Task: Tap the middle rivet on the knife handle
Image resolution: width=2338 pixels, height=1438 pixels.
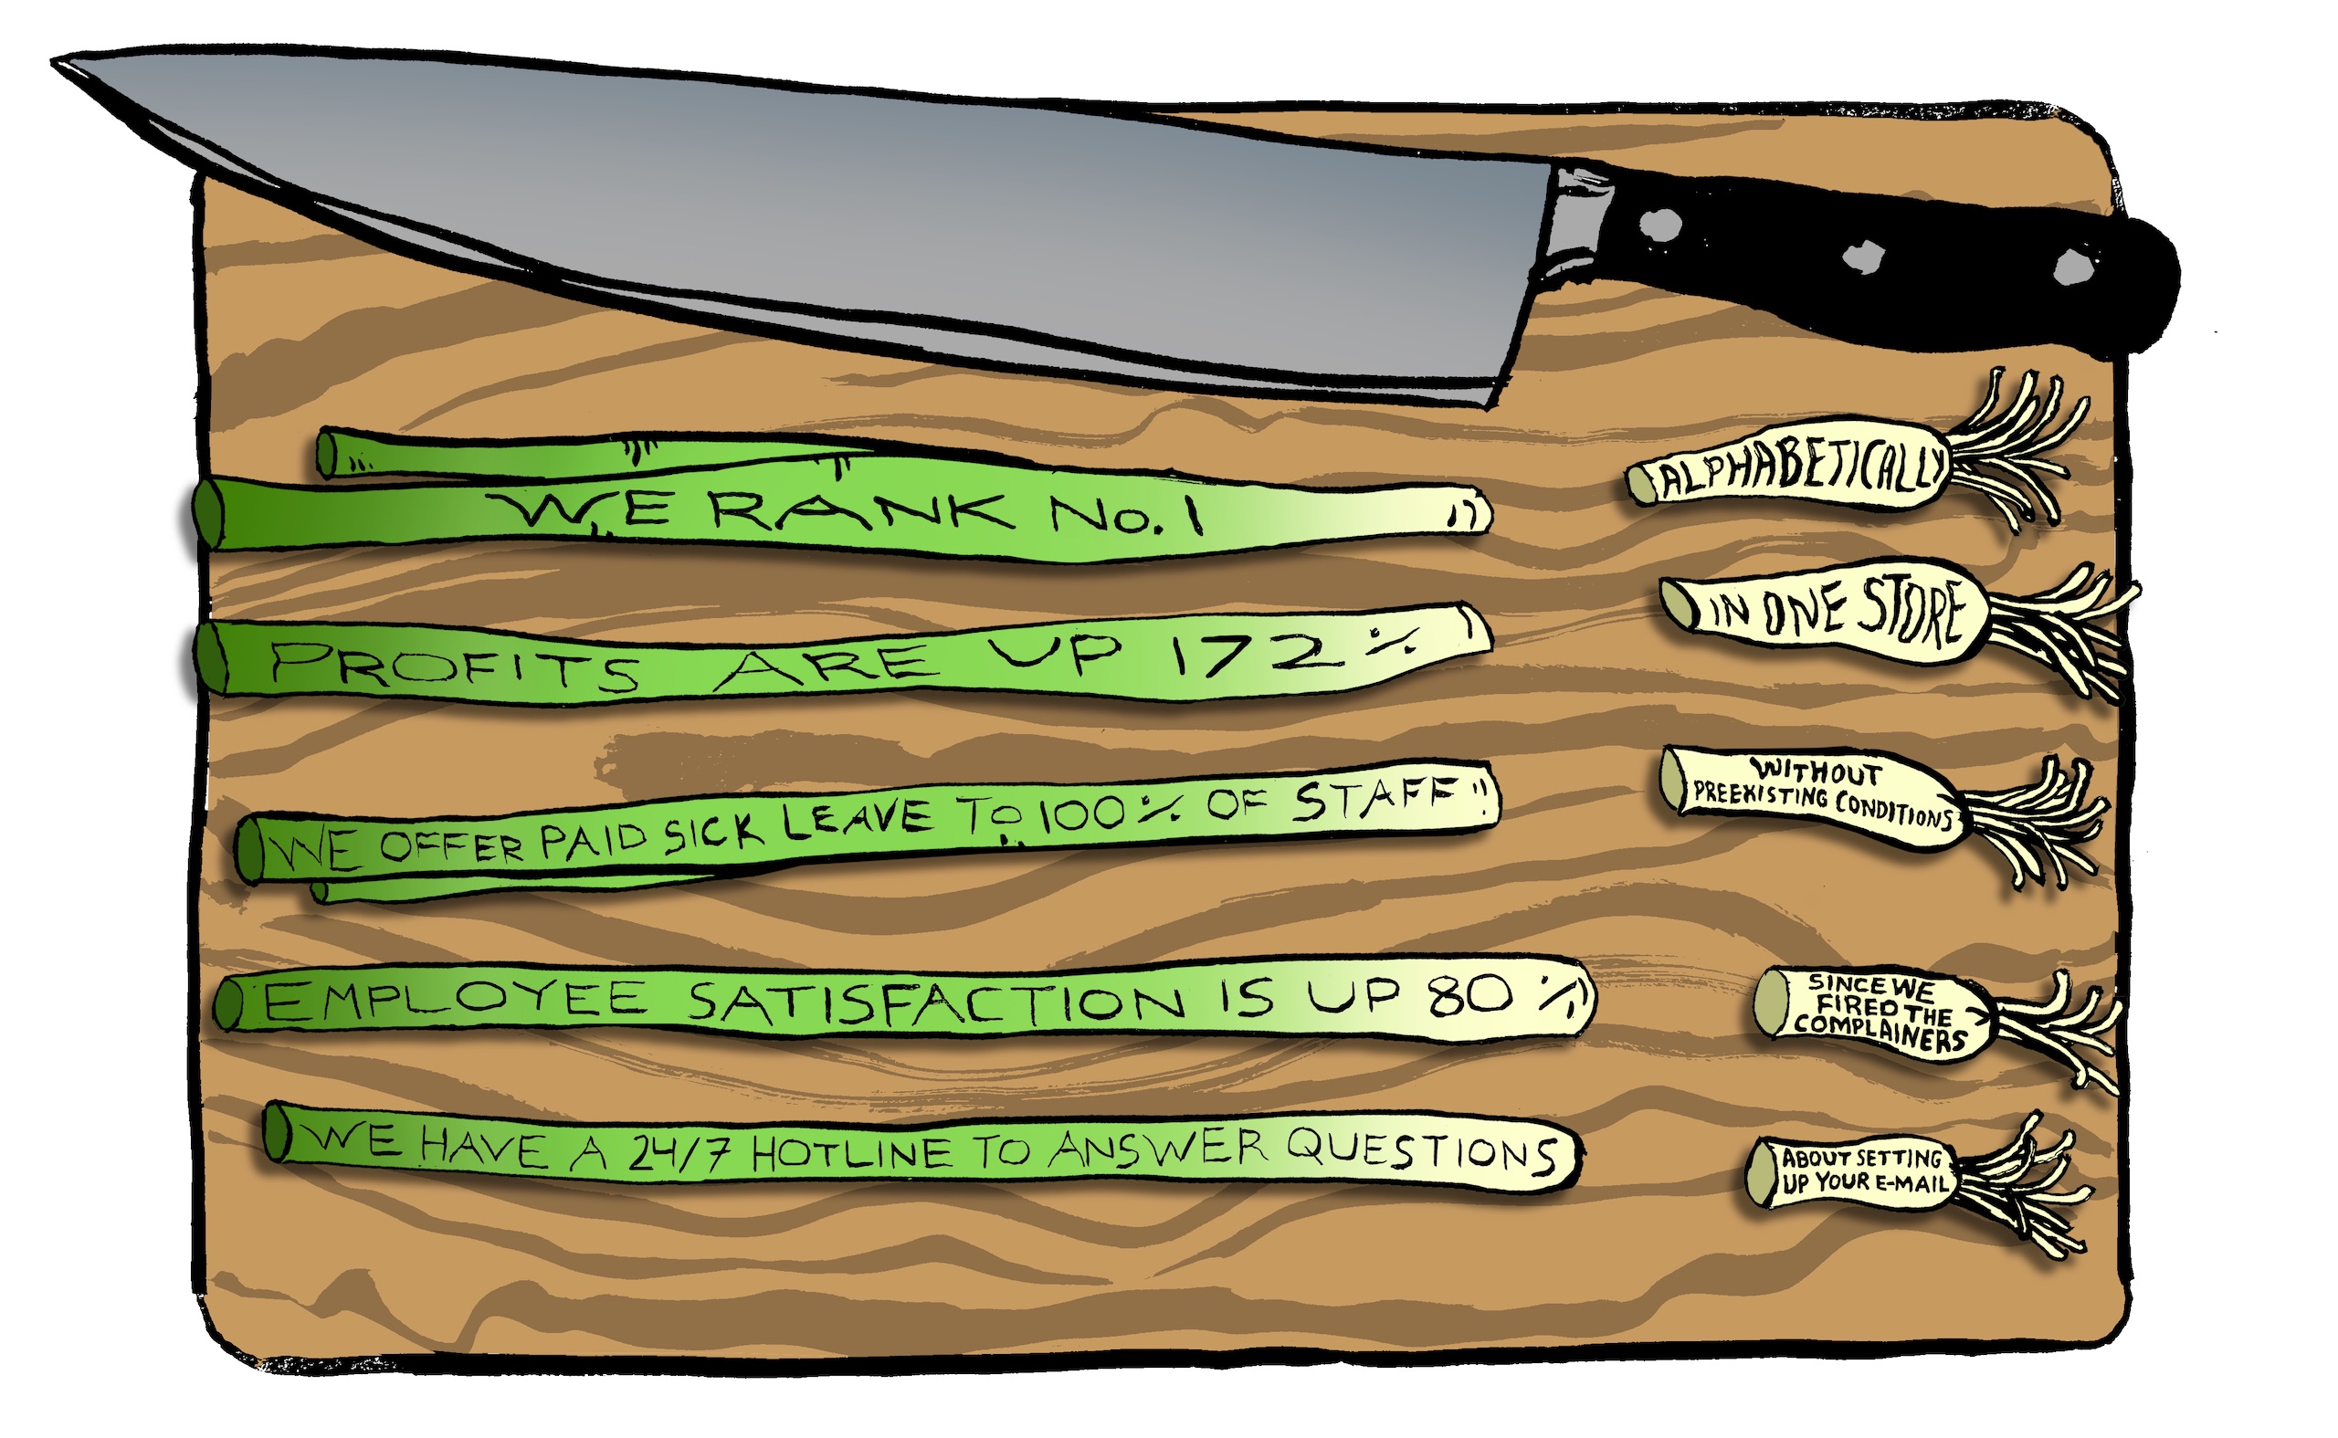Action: [1863, 255]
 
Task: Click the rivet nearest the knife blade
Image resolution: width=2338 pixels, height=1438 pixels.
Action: [1661, 225]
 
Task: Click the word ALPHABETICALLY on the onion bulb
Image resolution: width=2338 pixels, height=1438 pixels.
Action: [1797, 471]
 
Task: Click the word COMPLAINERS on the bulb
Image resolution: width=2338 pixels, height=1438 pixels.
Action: [1880, 1033]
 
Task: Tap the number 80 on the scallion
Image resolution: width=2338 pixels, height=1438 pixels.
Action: [1469, 996]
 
